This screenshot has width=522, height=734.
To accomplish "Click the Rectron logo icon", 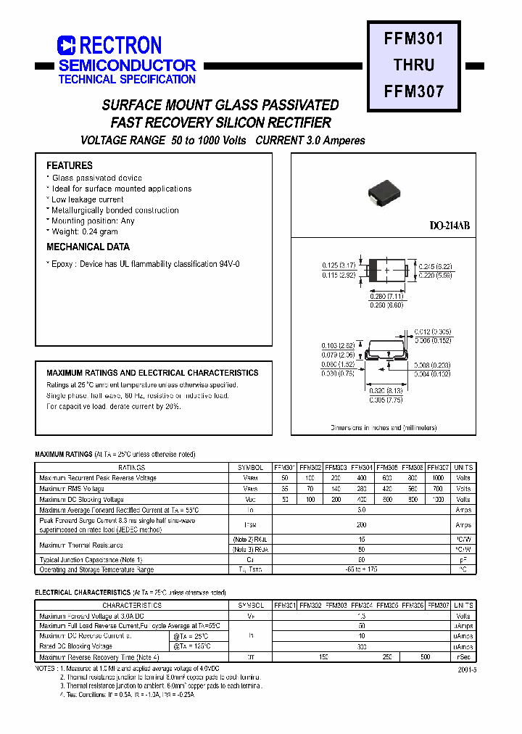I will pyautogui.click(x=67, y=46).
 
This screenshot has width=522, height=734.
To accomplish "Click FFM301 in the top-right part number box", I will pyautogui.click(x=414, y=38).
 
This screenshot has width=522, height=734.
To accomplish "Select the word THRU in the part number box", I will pyautogui.click(x=414, y=65).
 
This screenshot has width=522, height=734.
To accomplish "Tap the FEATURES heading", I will pyautogui.click(x=70, y=165).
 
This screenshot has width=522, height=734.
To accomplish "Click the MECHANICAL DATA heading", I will pyautogui.click(x=88, y=247).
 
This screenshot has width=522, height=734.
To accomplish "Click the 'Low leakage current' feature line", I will pyautogui.click(x=87, y=199).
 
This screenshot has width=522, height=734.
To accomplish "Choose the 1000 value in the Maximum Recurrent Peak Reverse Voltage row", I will pyautogui.click(x=438, y=479).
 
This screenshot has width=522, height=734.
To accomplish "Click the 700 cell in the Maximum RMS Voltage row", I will pyautogui.click(x=438, y=489).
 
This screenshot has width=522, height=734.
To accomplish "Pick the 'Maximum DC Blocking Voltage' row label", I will pyautogui.click(x=82, y=500).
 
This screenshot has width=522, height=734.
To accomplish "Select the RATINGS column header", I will pyautogui.click(x=132, y=468).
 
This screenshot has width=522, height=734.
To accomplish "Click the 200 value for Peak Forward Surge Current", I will pyautogui.click(x=361, y=524).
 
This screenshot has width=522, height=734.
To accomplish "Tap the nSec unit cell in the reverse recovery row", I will pyautogui.click(x=463, y=657).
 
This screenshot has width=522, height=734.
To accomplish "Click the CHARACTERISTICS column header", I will pyautogui.click(x=132, y=605).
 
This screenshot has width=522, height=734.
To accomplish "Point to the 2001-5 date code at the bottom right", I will pyautogui.click(x=468, y=671).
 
